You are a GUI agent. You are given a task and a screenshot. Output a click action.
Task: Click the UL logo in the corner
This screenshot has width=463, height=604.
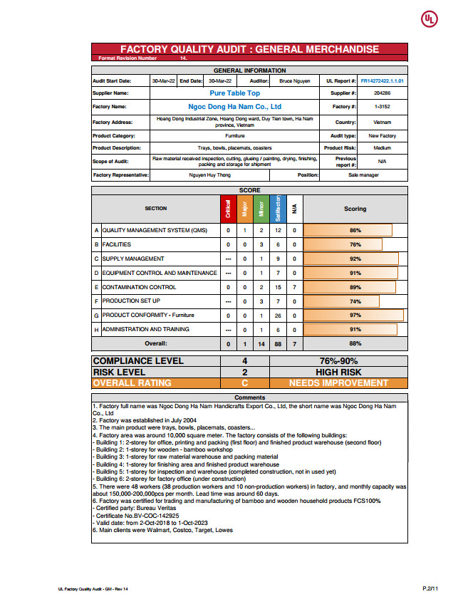coord(430,19)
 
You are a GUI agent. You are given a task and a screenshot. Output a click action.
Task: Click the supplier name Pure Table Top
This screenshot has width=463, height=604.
coord(235,93)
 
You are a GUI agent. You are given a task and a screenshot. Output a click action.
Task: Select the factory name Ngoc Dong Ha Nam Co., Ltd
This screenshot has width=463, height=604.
coord(235,107)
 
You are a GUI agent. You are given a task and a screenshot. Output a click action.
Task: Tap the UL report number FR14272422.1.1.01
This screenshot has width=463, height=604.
coord(383,81)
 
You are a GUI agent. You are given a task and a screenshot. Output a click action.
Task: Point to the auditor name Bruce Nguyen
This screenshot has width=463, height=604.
coord(295,81)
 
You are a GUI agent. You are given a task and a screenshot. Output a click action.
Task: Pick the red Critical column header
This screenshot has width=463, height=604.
coord(228,209)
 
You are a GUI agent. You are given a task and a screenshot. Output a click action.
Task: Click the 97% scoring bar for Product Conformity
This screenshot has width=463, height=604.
coord(354,315)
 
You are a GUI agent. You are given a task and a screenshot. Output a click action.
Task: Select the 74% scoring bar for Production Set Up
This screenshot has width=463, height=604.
coord(341,301)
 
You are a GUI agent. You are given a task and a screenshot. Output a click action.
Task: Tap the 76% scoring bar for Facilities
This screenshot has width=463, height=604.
coord(343,244)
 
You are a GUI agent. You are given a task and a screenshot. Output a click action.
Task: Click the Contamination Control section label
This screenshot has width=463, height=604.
coord(139,287)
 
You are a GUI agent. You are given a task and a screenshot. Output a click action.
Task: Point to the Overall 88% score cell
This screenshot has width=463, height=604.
coord(355,343)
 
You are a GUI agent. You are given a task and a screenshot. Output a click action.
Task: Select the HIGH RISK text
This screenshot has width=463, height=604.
coord(338,372)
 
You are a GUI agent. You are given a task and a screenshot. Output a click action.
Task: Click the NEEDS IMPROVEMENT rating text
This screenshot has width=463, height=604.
coord(338,382)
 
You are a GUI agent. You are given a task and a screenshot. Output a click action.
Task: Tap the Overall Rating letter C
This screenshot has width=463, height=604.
coord(244,382)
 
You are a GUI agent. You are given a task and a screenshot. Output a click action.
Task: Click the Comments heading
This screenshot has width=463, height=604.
coord(249,397)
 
